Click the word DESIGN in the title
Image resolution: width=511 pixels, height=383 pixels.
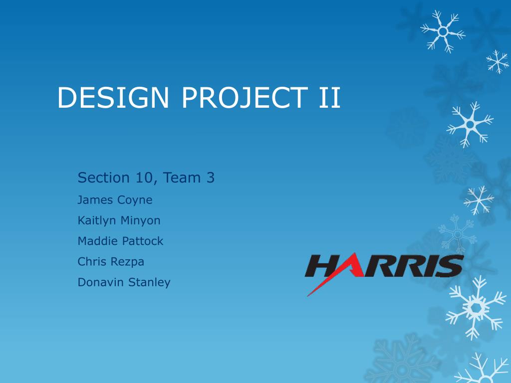click(113, 97)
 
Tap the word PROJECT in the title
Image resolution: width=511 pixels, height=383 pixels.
click(245, 97)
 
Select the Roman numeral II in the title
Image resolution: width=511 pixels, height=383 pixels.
click(329, 97)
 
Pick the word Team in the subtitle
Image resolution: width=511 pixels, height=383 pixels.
click(182, 178)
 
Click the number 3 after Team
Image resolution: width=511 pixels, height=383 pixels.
click(211, 178)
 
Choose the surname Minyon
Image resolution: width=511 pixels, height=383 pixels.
click(140, 221)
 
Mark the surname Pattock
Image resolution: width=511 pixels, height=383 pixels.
click(143, 241)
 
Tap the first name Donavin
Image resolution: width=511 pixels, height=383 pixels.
click(100, 282)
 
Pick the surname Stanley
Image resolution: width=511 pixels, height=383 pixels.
click(149, 283)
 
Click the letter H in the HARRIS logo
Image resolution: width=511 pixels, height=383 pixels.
click(323, 266)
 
